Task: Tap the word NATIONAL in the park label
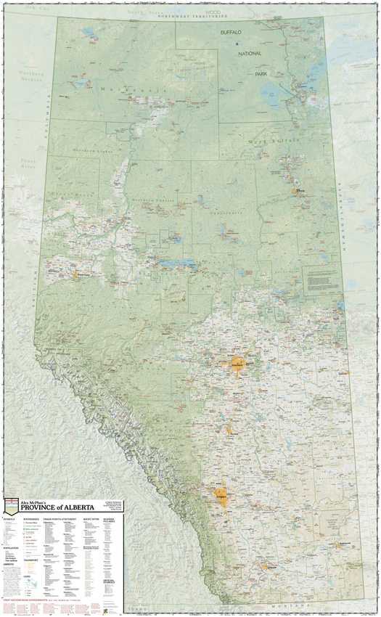point(247,53)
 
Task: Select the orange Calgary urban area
point(222,498)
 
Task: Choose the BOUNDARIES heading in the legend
point(31,520)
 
